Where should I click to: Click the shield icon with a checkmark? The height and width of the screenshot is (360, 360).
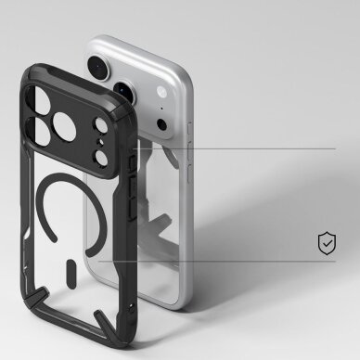point(327,244)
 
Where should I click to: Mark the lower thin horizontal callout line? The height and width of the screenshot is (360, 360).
point(241,262)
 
